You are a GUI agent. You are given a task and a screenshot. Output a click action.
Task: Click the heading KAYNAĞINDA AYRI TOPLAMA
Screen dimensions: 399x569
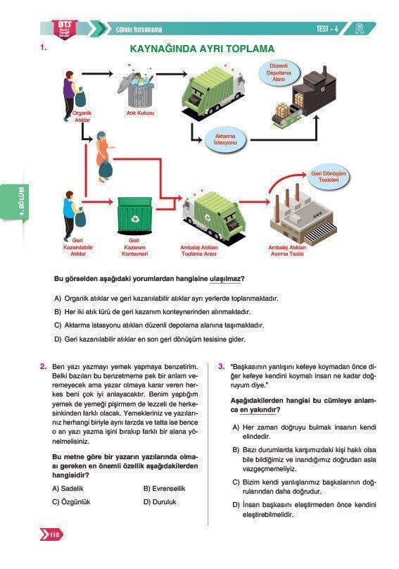coord(202,49)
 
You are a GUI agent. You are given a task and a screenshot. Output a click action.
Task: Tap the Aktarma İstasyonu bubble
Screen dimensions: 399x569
coord(225,139)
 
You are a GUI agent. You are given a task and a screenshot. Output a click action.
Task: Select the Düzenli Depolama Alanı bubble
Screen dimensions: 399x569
coord(279,73)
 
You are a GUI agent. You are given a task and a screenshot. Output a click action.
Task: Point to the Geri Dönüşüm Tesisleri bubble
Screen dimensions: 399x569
coord(328,177)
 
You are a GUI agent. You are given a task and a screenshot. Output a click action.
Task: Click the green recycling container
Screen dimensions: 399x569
coord(134,215)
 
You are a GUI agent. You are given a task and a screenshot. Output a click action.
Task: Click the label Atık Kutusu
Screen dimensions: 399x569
coord(140,113)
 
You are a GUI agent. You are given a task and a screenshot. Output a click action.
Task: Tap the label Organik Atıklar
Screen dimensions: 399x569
coord(82,116)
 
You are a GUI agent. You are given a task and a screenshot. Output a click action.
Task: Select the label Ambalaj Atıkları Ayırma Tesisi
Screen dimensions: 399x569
coord(287,251)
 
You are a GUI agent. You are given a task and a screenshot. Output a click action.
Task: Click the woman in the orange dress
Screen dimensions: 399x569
coord(104,156)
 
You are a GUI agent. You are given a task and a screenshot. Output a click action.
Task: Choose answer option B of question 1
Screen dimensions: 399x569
coord(152,312)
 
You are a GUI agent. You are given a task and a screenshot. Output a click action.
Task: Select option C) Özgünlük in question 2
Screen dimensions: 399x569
coord(71,502)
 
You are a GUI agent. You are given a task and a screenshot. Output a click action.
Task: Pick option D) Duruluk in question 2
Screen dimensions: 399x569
coord(160,502)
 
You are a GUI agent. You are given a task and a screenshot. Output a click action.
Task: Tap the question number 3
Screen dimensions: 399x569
coord(221,366)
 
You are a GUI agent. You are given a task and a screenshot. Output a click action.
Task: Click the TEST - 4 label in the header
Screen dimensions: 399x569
coord(327,29)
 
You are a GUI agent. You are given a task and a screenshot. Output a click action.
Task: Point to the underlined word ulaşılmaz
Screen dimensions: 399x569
coord(225,279)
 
